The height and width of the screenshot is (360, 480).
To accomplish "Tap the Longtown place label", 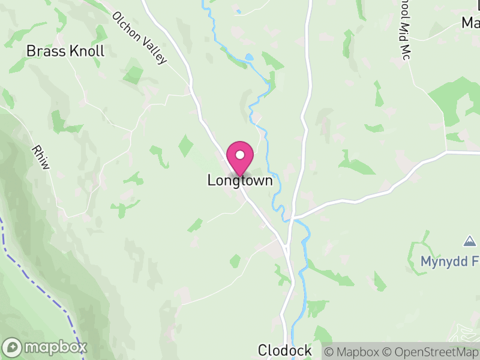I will click(x=240, y=180).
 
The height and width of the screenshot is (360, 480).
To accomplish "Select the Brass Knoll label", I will click(x=65, y=51).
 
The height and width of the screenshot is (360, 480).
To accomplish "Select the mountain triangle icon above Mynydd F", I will click(x=469, y=241).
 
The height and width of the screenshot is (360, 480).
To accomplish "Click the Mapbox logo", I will click(x=45, y=347).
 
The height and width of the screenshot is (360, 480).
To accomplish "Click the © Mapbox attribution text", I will click(x=352, y=352).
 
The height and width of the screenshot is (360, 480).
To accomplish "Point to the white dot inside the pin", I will click(x=240, y=155).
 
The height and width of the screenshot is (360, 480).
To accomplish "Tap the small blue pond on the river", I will click(x=249, y=58).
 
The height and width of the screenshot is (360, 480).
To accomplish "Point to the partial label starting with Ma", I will click(x=470, y=23).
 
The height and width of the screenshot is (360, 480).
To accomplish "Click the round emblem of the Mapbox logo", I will click(x=12, y=347).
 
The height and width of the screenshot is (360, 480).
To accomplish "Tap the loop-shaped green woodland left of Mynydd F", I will click(x=420, y=255).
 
